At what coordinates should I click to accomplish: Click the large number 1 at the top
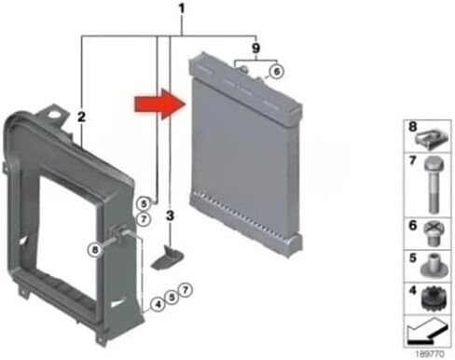click(x=182, y=9)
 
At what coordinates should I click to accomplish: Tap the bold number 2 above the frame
click(x=81, y=118)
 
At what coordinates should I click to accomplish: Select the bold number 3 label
click(x=170, y=215)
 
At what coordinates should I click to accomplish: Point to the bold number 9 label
click(x=255, y=48)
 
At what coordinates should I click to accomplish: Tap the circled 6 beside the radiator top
click(x=276, y=72)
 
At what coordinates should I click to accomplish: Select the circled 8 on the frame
click(x=95, y=250)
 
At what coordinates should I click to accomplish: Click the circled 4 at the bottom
click(x=159, y=304)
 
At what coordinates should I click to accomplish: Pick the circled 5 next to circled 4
click(x=172, y=298)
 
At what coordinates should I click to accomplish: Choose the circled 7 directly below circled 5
click(x=144, y=219)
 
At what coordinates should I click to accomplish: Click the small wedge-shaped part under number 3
click(x=167, y=257)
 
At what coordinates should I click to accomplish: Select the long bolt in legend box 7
click(x=434, y=185)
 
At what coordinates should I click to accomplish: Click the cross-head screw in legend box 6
click(x=434, y=233)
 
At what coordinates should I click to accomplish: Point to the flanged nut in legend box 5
click(x=434, y=266)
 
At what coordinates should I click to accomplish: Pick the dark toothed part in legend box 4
click(x=434, y=298)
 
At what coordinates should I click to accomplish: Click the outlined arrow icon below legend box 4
click(x=428, y=331)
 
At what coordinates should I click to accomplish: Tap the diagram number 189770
click(x=430, y=353)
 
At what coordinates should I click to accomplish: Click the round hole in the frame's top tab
click(x=56, y=114)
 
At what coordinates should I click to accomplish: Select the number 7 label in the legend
click(x=412, y=160)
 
